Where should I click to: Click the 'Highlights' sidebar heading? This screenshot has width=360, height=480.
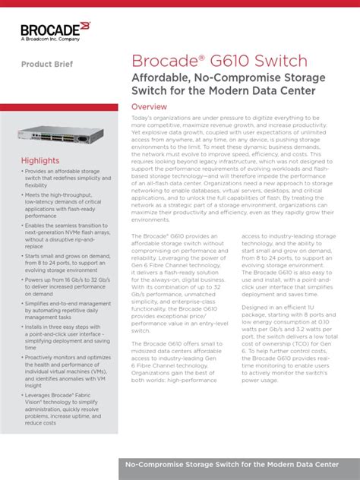pos(39,161)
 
